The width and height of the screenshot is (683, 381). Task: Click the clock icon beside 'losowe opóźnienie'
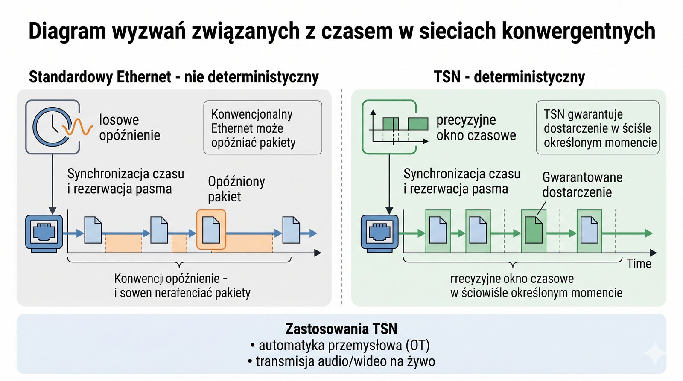[x=51, y=127]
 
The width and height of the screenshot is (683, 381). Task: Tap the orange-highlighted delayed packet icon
[x=211, y=230]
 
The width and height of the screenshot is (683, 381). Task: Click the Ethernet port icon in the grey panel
[x=44, y=233]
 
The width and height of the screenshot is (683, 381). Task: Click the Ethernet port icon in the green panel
[x=379, y=233]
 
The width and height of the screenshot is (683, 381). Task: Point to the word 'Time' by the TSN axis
[x=639, y=264]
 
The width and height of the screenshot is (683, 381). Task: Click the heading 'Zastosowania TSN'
[x=341, y=329]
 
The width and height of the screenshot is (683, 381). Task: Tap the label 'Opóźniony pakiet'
[x=236, y=189]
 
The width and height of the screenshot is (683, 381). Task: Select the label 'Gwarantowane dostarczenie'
[x=582, y=185]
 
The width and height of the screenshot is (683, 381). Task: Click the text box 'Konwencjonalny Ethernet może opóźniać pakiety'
[x=263, y=128]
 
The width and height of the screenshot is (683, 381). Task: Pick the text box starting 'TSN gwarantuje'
[x=597, y=128]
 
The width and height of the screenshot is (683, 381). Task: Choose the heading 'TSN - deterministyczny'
[x=509, y=77]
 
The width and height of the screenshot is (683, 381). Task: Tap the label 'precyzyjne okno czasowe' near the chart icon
[x=476, y=128]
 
